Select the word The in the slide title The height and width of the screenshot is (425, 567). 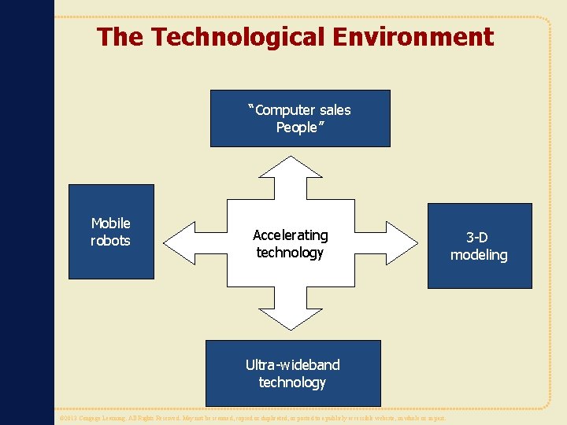(x=120, y=37)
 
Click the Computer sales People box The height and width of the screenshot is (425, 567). (x=300, y=119)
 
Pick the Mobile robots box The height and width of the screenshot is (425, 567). (x=111, y=232)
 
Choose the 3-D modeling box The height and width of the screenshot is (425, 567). (x=479, y=246)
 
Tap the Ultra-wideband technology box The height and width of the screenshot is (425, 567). (x=292, y=373)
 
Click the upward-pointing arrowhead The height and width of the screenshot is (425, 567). (x=291, y=166)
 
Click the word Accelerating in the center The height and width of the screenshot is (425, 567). (x=291, y=235)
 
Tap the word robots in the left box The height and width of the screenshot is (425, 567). (x=110, y=241)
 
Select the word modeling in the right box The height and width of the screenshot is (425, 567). (x=479, y=255)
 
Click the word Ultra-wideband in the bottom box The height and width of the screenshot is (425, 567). (x=292, y=364)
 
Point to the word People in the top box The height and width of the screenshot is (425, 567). (x=296, y=128)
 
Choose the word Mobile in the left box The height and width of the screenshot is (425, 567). (x=111, y=224)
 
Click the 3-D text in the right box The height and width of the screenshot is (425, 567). (x=479, y=238)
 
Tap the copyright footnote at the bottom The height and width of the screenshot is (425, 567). (x=252, y=418)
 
